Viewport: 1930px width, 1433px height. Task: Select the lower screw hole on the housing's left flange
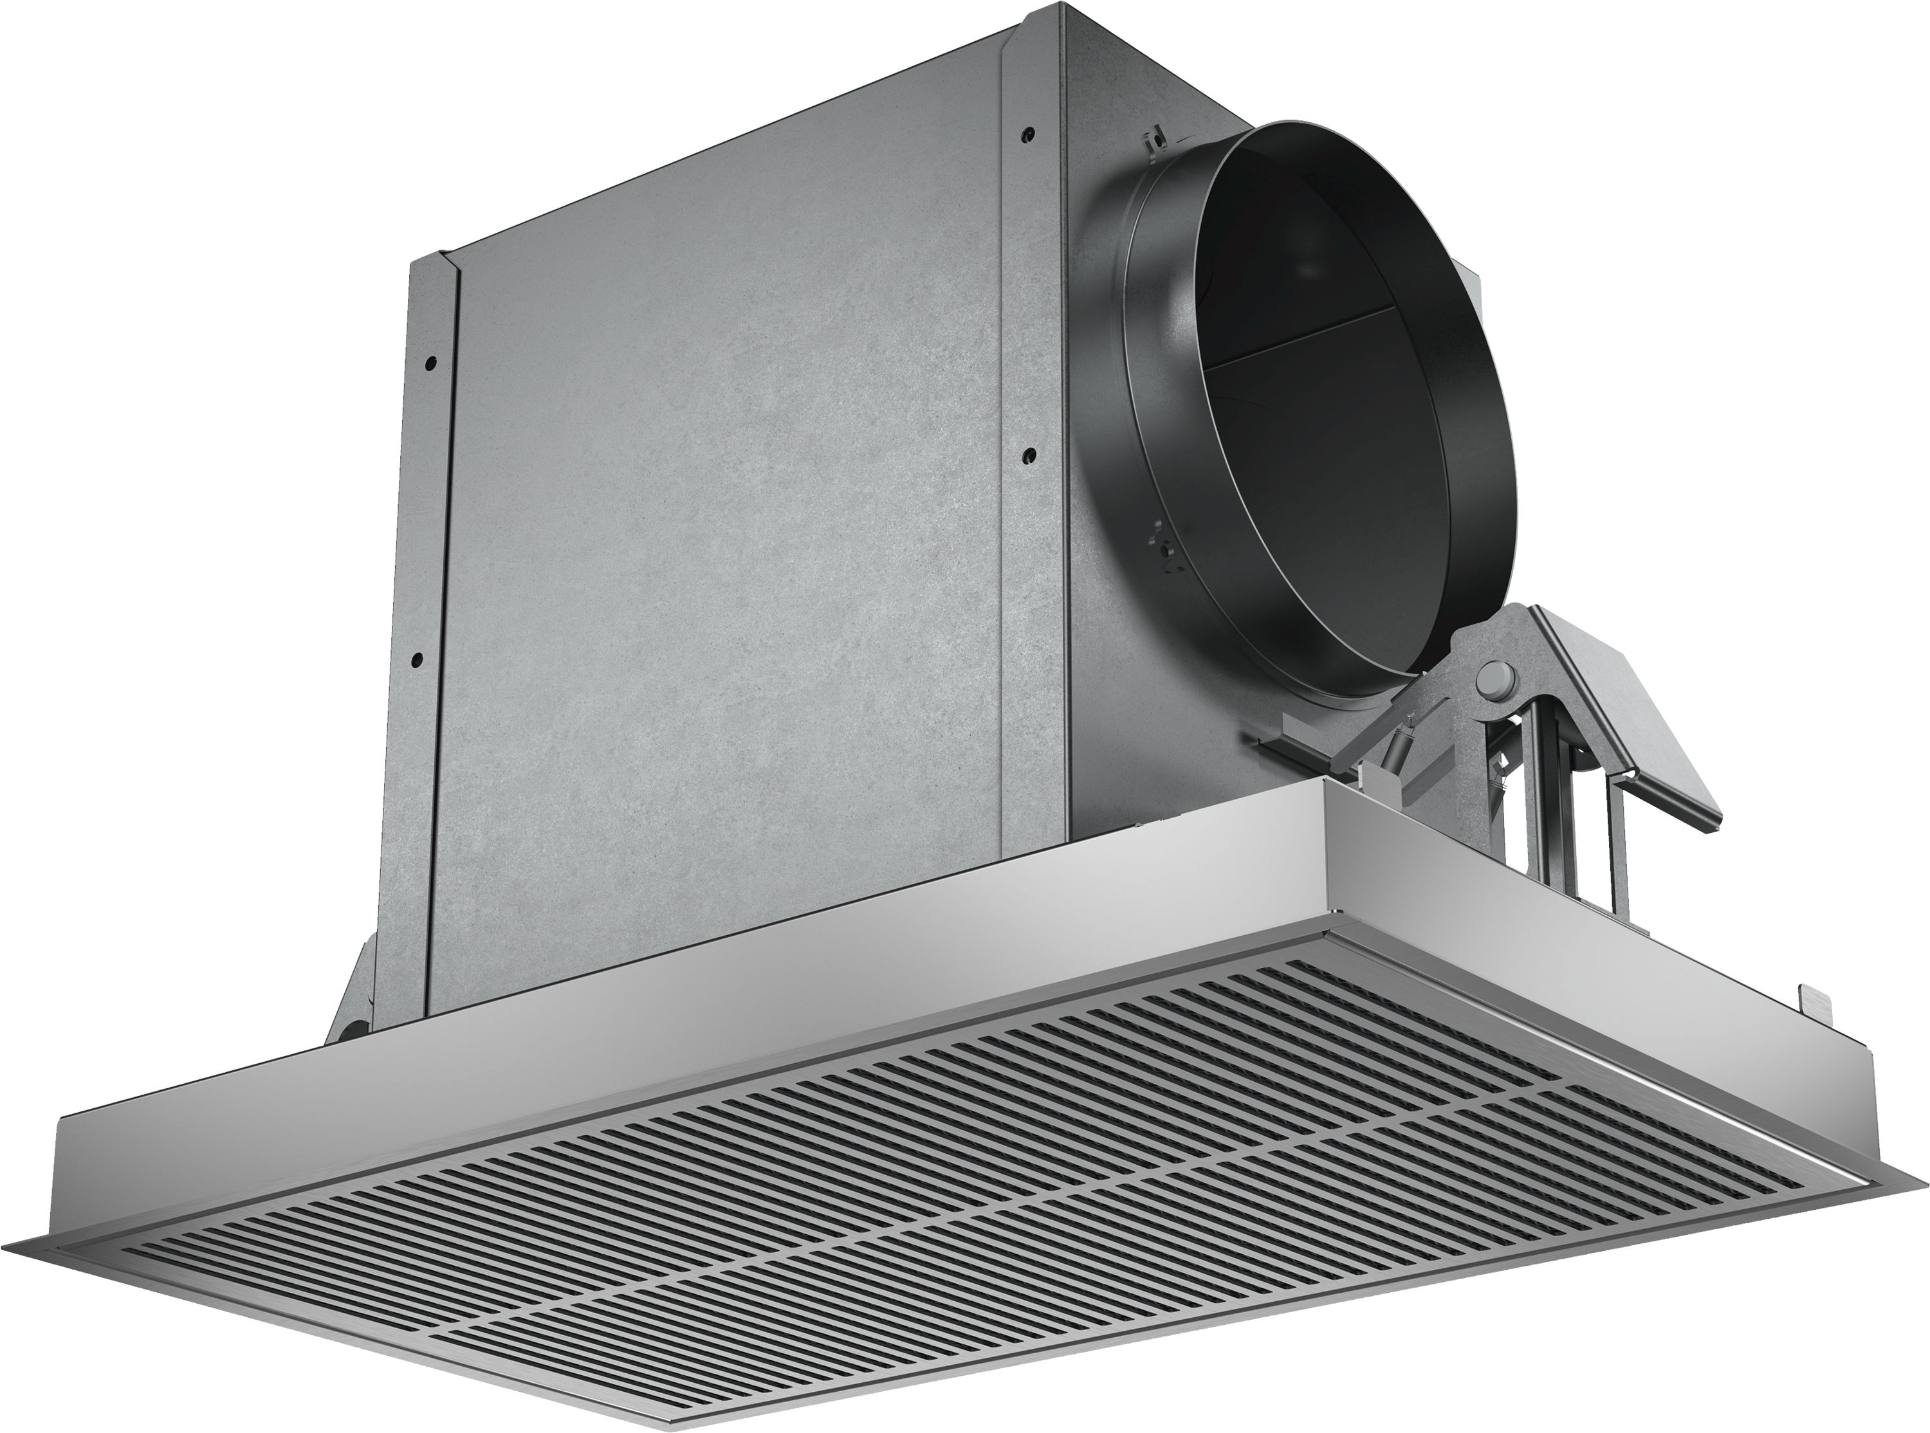(418, 660)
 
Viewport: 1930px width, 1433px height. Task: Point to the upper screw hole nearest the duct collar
(1028, 135)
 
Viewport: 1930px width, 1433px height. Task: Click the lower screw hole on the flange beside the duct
(1027, 453)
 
